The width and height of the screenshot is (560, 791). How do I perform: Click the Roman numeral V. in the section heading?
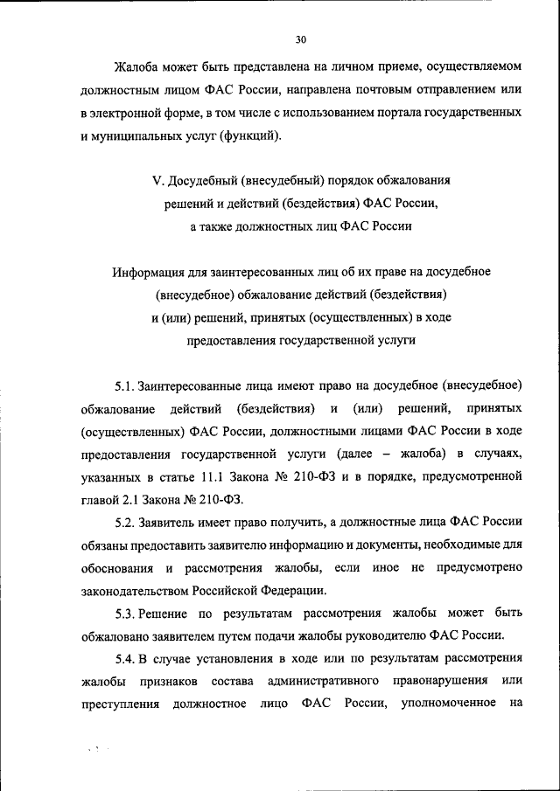tap(158, 181)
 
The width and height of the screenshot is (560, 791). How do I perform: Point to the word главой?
tap(101, 499)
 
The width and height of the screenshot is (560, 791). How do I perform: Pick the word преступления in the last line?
tap(119, 704)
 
